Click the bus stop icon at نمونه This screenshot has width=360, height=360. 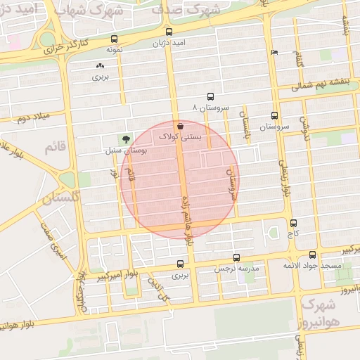tap(115, 39)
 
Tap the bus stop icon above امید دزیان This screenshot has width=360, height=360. tap(168, 32)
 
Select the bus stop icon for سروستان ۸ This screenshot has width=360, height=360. tap(210, 97)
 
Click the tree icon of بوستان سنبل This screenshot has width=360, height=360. tap(126, 139)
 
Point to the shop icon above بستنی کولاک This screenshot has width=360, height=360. tap(181, 126)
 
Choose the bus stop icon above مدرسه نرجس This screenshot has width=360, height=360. tap(236, 257)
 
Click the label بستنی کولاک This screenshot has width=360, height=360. tap(181, 137)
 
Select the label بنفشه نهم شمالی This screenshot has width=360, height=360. tap(318, 89)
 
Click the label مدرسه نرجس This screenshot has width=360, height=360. tap(237, 269)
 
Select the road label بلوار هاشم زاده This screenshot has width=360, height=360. tap(187, 208)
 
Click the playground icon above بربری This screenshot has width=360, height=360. tap(99, 65)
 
